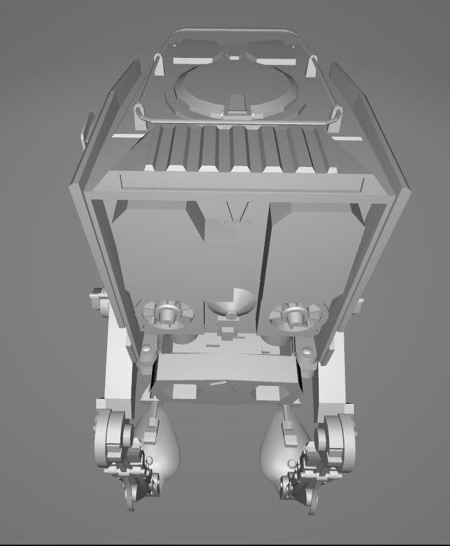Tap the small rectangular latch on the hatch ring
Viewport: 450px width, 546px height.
(236, 105)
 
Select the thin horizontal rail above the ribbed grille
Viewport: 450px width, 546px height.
(235, 121)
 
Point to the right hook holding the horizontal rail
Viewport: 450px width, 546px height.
(337, 115)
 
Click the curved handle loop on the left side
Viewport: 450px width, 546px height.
(85, 128)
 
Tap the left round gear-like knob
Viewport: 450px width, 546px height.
(166, 314)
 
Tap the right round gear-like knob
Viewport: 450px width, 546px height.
(295, 315)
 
